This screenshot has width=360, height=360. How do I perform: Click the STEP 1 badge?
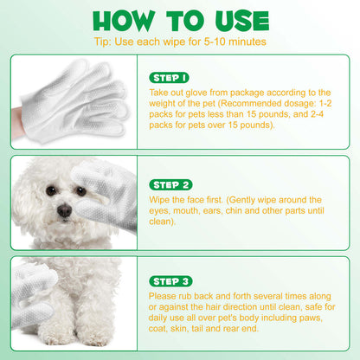[169, 78]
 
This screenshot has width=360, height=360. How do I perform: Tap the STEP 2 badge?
[170, 185]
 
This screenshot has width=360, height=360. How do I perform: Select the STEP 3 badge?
[170, 281]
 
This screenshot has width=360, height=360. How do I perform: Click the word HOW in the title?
[124, 21]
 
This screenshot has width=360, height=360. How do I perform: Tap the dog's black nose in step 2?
[64, 210]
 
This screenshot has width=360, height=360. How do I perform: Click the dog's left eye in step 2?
[51, 190]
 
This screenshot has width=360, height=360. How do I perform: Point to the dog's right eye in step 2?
[80, 190]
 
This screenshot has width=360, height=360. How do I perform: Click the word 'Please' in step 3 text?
[163, 296]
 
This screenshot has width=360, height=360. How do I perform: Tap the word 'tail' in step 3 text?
[197, 329]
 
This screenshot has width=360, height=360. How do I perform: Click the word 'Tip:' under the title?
[102, 42]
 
